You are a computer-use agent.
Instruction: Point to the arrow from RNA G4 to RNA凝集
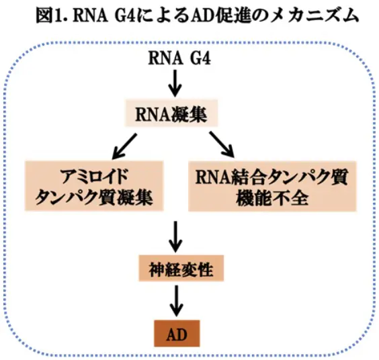[176, 83]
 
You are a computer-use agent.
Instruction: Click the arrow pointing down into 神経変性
[176, 234]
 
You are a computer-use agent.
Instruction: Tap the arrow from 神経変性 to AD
[176, 299]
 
